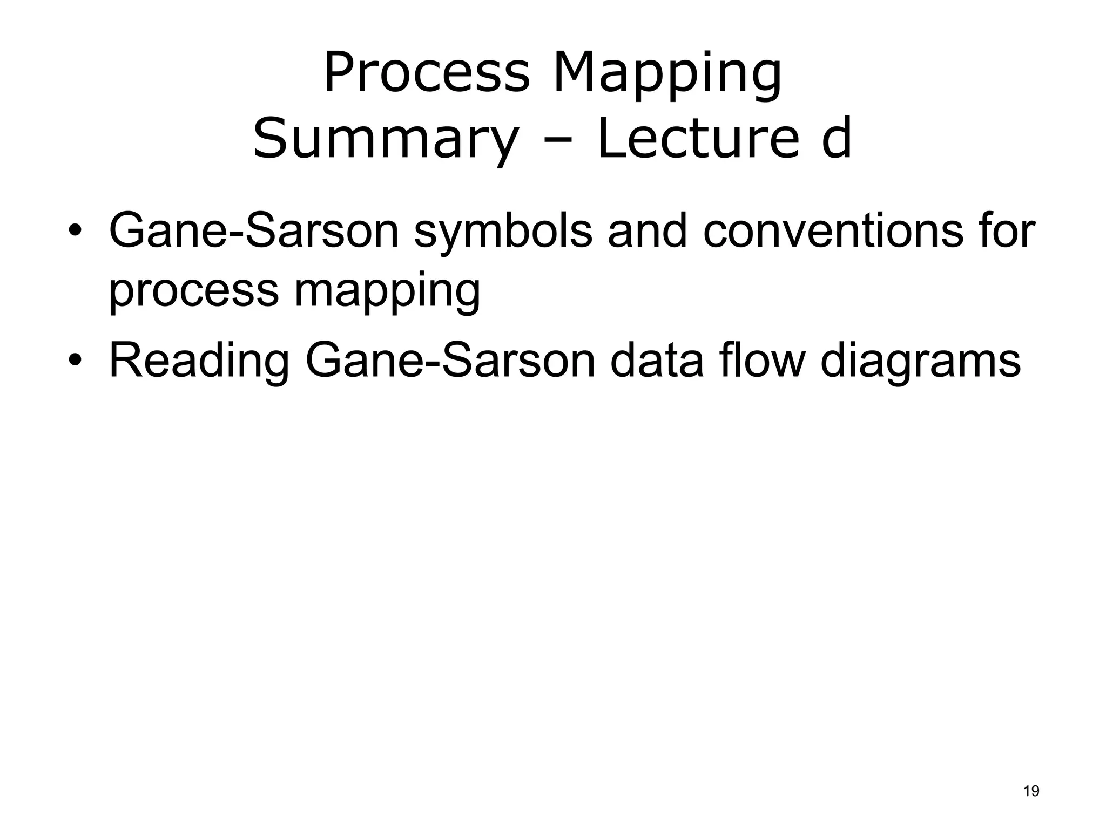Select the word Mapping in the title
point(667,76)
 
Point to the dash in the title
point(556,141)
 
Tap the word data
point(657,361)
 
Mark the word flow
point(762,361)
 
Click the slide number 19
point(1031,791)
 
